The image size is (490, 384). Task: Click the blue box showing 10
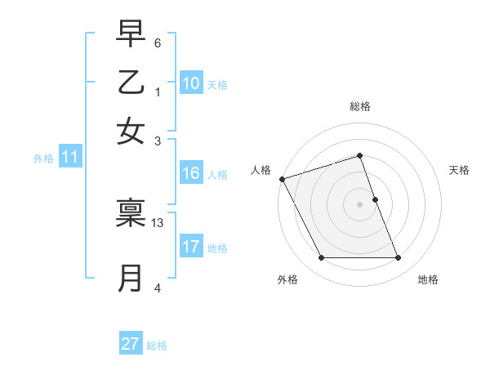pyautogui.click(x=191, y=83)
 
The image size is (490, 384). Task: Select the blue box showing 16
pyautogui.click(x=191, y=173)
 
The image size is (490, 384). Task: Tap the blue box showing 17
pyautogui.click(x=191, y=248)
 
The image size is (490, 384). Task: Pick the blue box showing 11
pyautogui.click(x=69, y=158)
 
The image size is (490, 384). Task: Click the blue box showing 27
pyautogui.click(x=131, y=344)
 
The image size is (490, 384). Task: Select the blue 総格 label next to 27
pyautogui.click(x=157, y=346)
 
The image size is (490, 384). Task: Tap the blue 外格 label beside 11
pyautogui.click(x=42, y=159)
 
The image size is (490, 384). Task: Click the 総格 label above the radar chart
pyautogui.click(x=360, y=106)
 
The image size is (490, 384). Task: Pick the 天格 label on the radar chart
pyautogui.click(x=459, y=170)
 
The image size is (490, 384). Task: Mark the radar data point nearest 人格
pyautogui.click(x=282, y=179)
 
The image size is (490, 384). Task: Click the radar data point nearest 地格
pyautogui.click(x=399, y=258)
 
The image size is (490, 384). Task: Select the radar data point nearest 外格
pyautogui.click(x=321, y=258)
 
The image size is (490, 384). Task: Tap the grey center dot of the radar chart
pyautogui.click(x=360, y=204)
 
